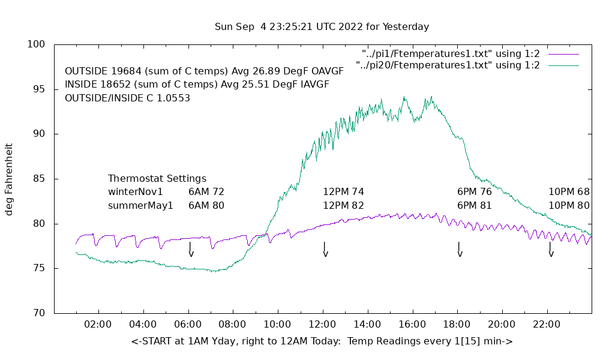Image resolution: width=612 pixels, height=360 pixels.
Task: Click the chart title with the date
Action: [x=322, y=27]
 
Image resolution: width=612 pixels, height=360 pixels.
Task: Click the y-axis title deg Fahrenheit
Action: [x=9, y=179]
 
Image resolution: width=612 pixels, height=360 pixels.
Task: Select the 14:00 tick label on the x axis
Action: [x=367, y=325]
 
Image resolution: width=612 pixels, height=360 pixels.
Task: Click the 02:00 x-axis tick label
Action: [x=98, y=325]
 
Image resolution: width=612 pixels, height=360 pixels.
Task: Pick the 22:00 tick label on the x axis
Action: [x=547, y=325]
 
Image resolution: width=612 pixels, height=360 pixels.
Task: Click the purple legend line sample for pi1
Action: [x=563, y=54]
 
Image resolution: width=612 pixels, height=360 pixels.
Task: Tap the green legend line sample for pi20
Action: [x=563, y=65]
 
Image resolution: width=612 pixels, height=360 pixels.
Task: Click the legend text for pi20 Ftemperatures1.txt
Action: [x=448, y=65]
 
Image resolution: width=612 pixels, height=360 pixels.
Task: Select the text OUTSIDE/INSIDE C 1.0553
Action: [x=127, y=98]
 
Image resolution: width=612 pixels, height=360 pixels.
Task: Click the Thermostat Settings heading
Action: [x=157, y=179]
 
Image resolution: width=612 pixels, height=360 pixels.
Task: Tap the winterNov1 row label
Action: [x=136, y=192]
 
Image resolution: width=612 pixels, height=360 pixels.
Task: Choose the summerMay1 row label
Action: [x=140, y=206]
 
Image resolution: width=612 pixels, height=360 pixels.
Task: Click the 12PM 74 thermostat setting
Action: [x=343, y=192]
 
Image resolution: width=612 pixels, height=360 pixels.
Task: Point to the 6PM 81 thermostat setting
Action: [x=474, y=206]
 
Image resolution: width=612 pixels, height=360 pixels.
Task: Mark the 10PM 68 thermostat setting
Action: [x=569, y=192]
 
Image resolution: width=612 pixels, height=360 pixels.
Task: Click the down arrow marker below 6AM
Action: [x=191, y=250]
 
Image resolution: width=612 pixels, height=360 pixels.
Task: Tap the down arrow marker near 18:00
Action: [x=460, y=250]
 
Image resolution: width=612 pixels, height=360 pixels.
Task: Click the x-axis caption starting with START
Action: [x=322, y=341]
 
